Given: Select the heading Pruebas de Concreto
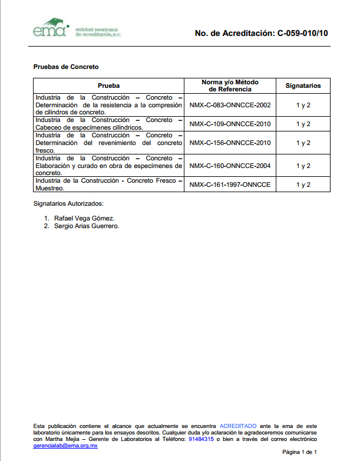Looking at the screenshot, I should pyautogui.click(x=66, y=67).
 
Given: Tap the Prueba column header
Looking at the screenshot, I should pyautogui.click(x=108, y=85).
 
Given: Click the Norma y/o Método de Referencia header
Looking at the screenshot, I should pyautogui.click(x=230, y=85).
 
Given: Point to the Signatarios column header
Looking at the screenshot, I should pyautogui.click(x=303, y=85).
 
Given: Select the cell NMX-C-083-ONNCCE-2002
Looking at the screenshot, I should pyautogui.click(x=230, y=105).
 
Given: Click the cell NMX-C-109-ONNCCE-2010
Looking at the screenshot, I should pyautogui.click(x=230, y=124).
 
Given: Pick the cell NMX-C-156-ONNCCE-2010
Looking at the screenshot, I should pyautogui.click(x=230, y=143).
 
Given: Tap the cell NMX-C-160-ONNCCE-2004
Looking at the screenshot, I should pyautogui.click(x=230, y=166).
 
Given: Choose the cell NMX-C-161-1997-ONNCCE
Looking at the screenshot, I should pyautogui.click(x=230, y=185).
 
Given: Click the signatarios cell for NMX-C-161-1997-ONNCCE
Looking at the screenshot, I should pyautogui.click(x=303, y=185).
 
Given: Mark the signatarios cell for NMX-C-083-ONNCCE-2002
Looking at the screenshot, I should pyautogui.click(x=303, y=105).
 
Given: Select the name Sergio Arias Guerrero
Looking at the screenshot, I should pyautogui.click(x=86, y=226).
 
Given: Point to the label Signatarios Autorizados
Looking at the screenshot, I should pyautogui.click(x=68, y=203).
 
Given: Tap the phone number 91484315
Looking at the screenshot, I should pyautogui.click(x=200, y=439).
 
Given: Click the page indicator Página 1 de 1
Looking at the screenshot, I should pyautogui.click(x=303, y=452).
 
